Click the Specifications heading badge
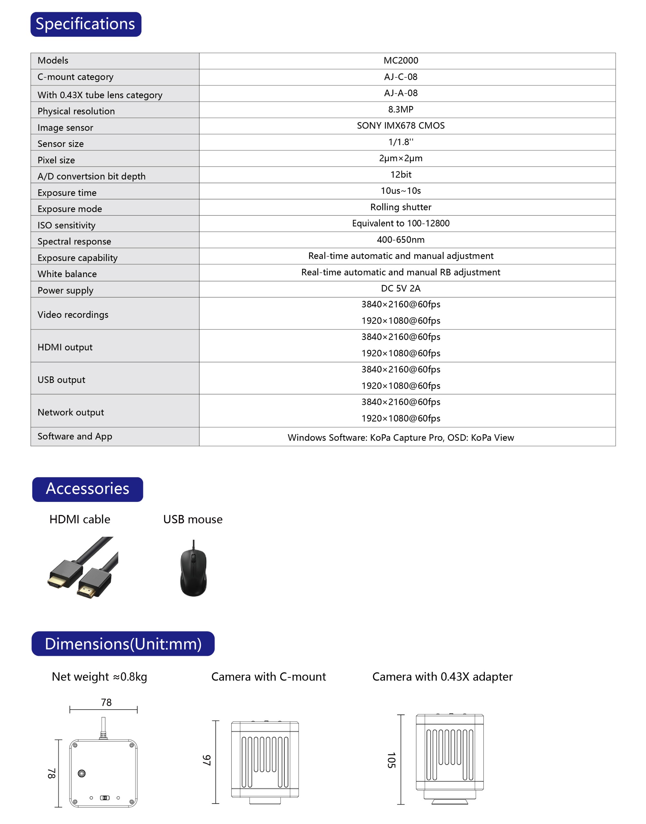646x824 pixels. coord(86,24)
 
